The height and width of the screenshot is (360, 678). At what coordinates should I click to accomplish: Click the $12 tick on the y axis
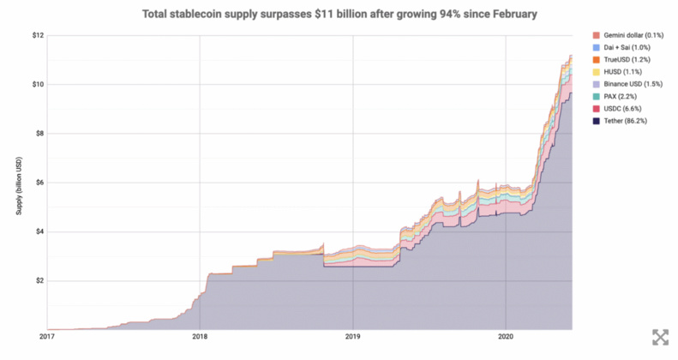tap(37, 35)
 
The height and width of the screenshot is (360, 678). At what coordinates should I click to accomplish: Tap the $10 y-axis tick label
tap(37, 84)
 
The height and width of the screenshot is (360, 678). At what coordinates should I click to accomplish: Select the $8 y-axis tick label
tap(39, 134)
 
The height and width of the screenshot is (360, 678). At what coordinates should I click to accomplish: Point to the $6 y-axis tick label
tap(39, 183)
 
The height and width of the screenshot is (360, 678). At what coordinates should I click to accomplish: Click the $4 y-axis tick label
tap(39, 231)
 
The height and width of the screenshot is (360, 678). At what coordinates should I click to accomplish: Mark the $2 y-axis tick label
tap(39, 280)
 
